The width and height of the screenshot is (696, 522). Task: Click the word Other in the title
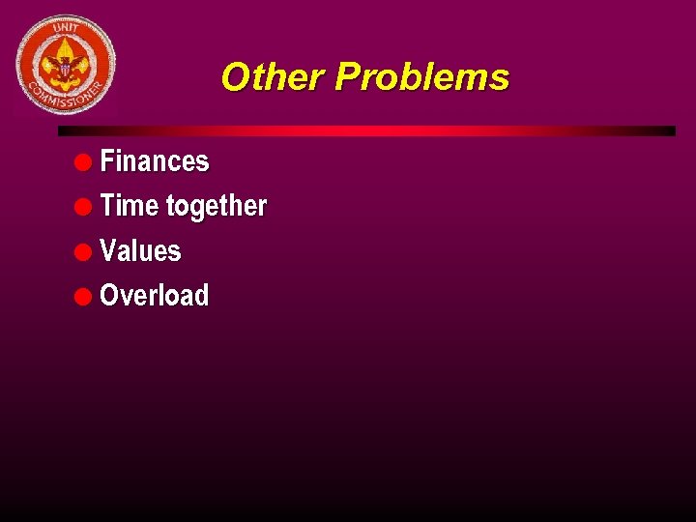click(x=273, y=77)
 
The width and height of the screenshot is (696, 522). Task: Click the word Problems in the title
click(x=421, y=77)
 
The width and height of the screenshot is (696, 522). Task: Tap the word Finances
click(x=154, y=161)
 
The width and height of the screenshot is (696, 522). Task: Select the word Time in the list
click(x=130, y=206)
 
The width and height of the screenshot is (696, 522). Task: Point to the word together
click(x=217, y=207)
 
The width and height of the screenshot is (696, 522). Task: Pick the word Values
click(x=140, y=251)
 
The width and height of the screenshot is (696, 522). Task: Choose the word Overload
click(x=154, y=296)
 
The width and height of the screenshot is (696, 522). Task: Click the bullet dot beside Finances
click(x=83, y=161)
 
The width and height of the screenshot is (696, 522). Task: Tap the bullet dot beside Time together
click(x=83, y=206)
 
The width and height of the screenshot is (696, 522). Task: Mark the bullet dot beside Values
click(x=83, y=251)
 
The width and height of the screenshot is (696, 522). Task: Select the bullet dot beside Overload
click(x=83, y=296)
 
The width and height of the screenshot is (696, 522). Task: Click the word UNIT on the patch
click(x=66, y=30)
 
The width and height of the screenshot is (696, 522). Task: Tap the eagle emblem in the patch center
click(x=66, y=66)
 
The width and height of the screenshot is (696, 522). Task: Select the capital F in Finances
click(x=106, y=161)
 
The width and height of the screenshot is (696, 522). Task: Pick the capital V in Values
click(x=107, y=251)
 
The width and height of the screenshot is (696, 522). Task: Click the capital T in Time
click(x=106, y=206)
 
